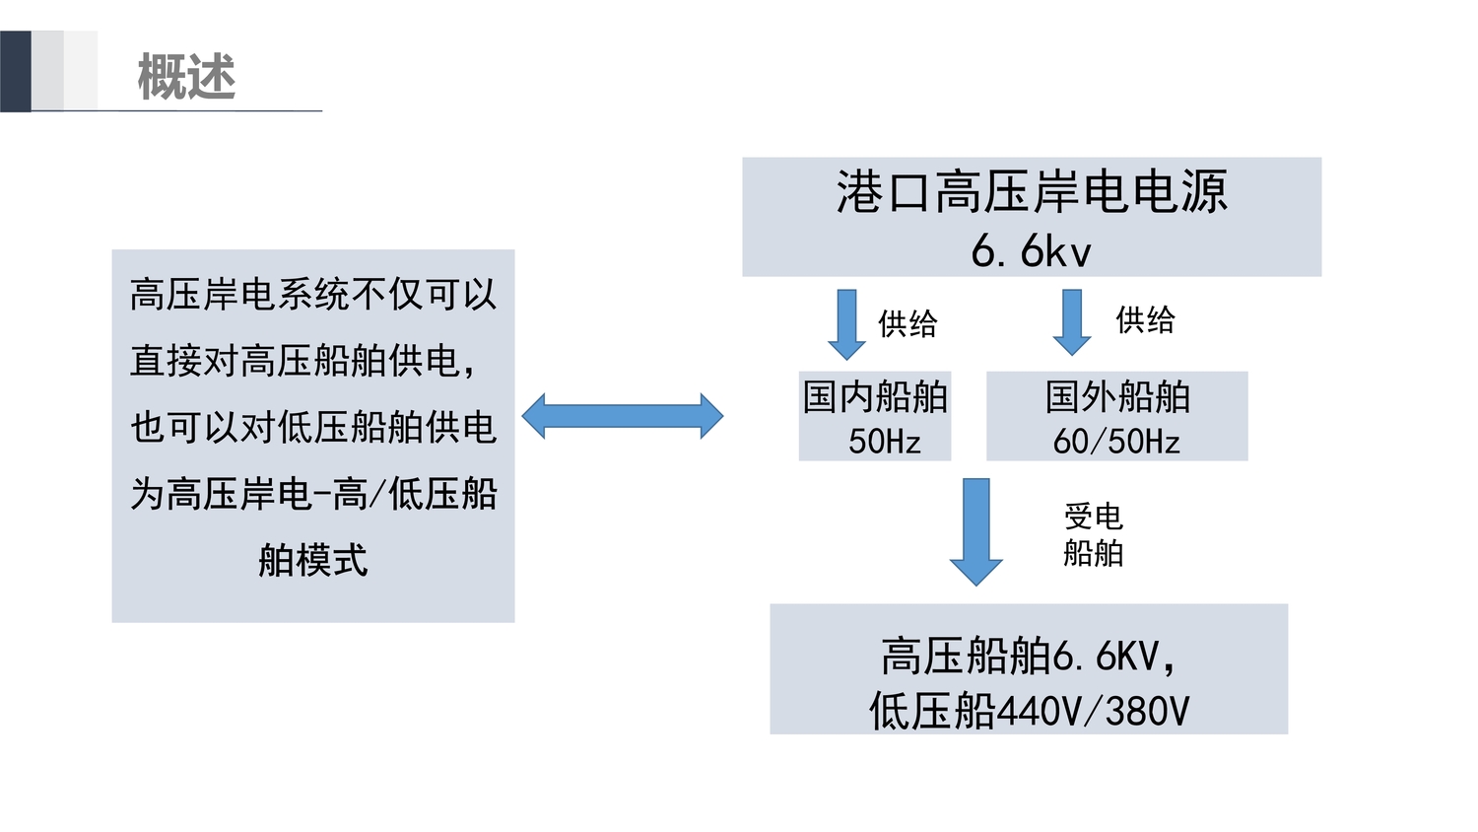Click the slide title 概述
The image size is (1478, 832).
click(186, 77)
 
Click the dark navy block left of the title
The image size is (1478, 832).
click(16, 71)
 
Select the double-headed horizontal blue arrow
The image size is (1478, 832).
click(622, 416)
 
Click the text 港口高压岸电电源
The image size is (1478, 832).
click(1032, 191)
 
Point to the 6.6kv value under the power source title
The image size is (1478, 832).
click(1031, 250)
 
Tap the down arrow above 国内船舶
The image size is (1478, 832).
click(846, 322)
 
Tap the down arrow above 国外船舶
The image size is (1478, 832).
click(1072, 321)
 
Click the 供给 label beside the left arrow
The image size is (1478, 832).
click(907, 323)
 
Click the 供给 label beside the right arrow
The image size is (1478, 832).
click(1145, 319)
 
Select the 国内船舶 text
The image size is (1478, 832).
click(875, 396)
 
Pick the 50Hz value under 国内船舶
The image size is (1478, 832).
click(884, 441)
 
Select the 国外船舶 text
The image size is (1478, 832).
click(1117, 396)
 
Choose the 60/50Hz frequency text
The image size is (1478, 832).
click(1116, 441)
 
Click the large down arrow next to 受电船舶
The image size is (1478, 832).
click(975, 530)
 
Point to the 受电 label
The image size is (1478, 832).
click(1093, 516)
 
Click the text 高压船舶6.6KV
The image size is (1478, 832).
click(1025, 656)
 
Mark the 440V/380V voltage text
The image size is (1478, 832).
click(1094, 711)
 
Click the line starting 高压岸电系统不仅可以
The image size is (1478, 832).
click(313, 294)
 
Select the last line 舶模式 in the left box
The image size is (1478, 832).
click(313, 560)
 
